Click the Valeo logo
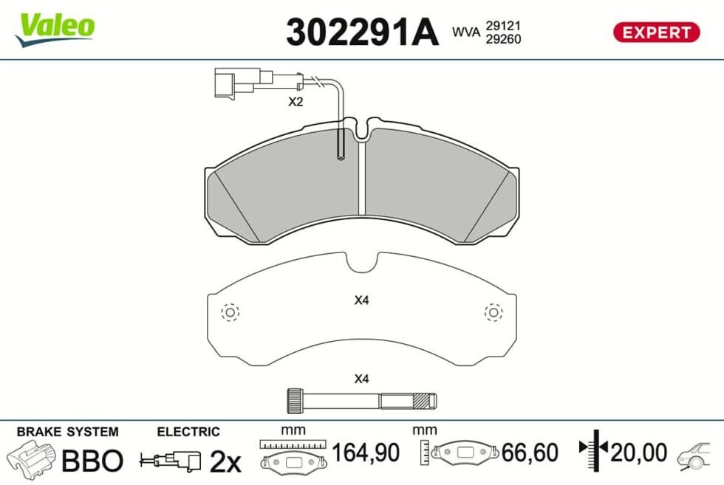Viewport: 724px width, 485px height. (55, 29)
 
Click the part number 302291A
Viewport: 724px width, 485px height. (362, 32)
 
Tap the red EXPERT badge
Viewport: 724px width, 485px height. (656, 32)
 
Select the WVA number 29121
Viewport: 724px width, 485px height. (503, 25)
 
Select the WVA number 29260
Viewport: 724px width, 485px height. (503, 39)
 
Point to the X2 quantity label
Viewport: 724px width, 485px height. (296, 102)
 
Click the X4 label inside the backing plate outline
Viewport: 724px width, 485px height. (361, 300)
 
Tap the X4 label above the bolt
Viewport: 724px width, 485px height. (361, 379)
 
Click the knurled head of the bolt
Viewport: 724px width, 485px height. (295, 401)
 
